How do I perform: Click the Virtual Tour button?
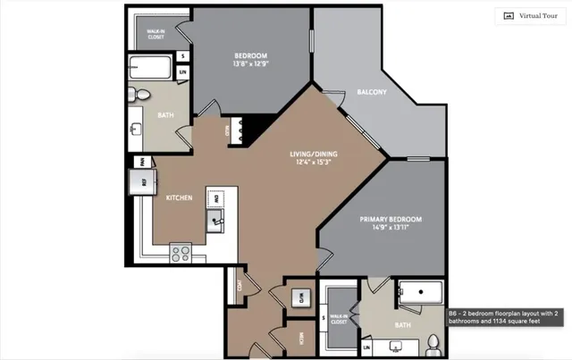coord(530,15)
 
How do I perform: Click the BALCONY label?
coord(371,92)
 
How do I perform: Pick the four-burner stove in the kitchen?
coord(181,252)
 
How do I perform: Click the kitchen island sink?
coord(215,219)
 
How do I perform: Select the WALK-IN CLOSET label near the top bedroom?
coord(156,33)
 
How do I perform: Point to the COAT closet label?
coord(240,288)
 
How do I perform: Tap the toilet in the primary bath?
coord(433,341)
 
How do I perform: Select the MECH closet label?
coord(300,339)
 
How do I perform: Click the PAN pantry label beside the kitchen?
coord(141,162)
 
